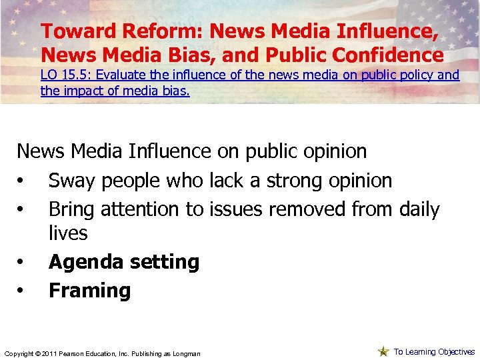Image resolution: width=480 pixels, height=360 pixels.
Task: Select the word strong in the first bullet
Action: tap(298, 180)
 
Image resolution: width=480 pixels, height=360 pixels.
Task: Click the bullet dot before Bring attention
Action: tap(22, 210)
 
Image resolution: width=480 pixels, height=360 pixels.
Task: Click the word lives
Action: tap(68, 233)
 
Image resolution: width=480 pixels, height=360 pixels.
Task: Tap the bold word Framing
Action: tap(89, 291)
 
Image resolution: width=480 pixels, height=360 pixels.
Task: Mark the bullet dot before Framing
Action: tap(22, 291)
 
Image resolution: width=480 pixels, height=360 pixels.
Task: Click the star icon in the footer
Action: tap(383, 351)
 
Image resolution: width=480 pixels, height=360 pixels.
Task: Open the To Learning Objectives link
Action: tap(434, 351)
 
